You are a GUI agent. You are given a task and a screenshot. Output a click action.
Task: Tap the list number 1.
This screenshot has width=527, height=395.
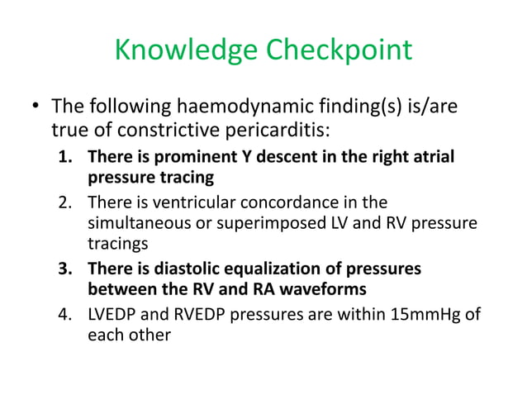coord(67,156)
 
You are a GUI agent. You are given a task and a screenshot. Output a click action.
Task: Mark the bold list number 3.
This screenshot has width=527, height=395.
coord(67,269)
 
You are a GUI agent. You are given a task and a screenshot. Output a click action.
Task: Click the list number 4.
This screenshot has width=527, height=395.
coord(67,315)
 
